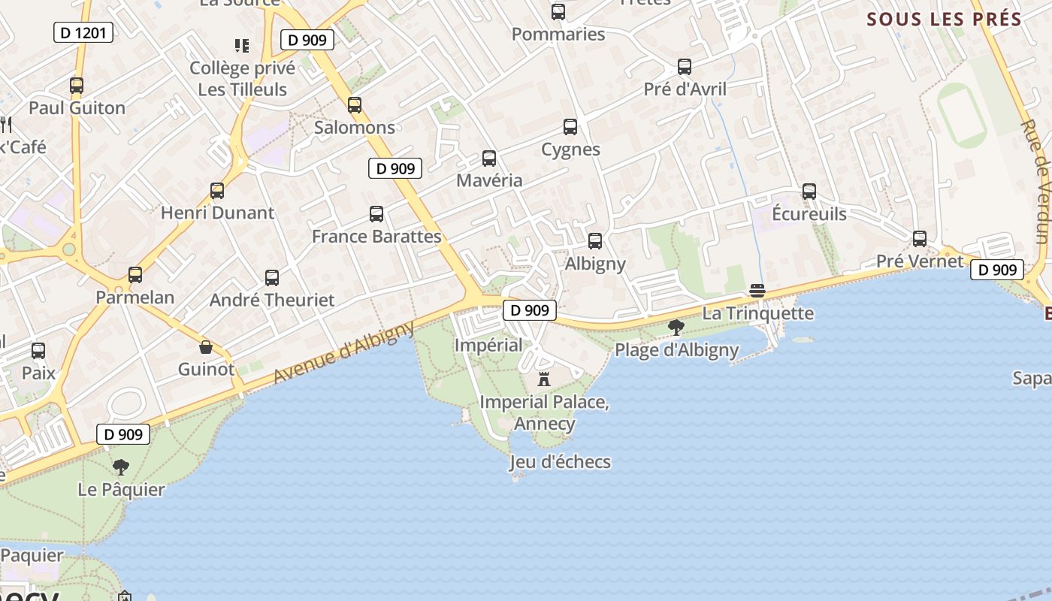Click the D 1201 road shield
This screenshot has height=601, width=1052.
83,32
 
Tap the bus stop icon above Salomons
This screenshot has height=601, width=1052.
355,105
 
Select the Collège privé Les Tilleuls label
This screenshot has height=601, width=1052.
242,79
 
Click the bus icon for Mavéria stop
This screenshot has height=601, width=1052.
489,159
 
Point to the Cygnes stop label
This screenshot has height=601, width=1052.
570,149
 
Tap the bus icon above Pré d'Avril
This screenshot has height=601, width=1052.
685,67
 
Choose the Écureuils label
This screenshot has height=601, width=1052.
809,214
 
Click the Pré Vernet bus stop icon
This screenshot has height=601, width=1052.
920,239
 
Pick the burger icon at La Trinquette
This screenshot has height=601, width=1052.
757,291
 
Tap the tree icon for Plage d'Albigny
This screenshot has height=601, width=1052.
676,327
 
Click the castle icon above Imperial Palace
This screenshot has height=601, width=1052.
544,379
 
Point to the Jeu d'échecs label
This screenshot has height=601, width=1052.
560,461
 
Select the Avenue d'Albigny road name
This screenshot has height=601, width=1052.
344,353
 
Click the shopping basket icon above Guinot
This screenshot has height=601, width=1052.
206,347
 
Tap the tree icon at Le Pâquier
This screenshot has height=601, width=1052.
121,467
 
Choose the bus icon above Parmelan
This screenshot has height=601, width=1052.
135,275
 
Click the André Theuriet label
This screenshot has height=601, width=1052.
272,300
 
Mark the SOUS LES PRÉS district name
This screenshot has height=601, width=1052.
944,20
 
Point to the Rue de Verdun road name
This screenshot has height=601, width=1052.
1041,181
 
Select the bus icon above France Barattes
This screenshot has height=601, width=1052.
376,214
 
